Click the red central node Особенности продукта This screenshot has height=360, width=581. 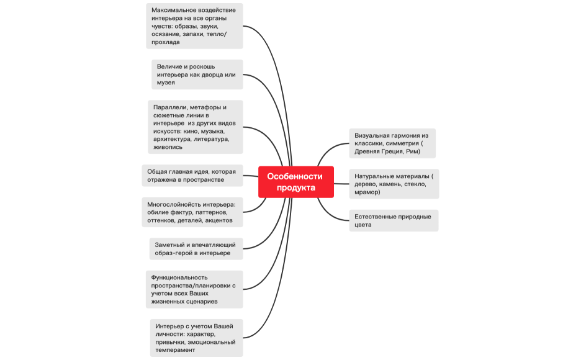click(296, 182)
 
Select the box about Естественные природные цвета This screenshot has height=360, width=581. click(393, 220)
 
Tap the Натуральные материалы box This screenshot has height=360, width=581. click(394, 184)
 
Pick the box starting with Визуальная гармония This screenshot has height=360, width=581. click(392, 143)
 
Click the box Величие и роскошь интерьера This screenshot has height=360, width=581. click(197, 74)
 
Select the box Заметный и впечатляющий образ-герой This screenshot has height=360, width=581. click(196, 248)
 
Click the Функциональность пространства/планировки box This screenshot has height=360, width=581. click(194, 289)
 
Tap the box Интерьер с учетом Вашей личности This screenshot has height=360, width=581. click(196, 338)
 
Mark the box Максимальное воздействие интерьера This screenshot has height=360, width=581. click(194, 25)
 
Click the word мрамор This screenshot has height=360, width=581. click(367, 192)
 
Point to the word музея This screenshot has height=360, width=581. click(166, 83)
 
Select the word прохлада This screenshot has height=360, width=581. click(165, 43)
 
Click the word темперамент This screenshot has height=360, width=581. click(176, 350)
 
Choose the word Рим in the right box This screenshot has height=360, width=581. click(413, 152)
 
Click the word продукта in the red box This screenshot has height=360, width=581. click(296, 187)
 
